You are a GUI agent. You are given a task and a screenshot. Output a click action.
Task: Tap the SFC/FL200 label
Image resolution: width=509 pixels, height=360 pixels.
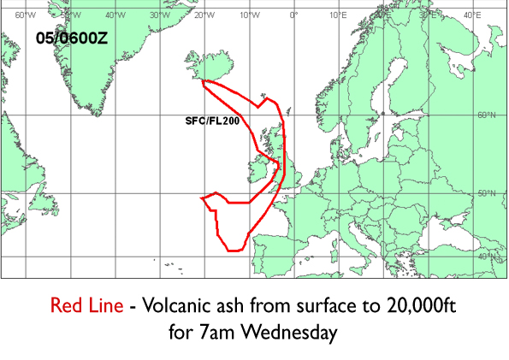tap(211, 122)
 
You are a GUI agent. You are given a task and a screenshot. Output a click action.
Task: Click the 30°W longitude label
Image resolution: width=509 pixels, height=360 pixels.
tap(157, 15)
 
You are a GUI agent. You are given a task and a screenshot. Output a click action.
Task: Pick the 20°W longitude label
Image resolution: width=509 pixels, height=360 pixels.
tap(203, 15)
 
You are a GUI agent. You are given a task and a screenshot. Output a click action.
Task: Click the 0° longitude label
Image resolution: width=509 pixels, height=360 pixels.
tap(293, 15)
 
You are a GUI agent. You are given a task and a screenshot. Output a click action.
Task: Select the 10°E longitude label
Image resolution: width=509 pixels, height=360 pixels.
tap(338, 15)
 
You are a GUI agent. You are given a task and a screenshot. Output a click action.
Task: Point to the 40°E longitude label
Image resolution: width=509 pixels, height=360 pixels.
tap(471, 15)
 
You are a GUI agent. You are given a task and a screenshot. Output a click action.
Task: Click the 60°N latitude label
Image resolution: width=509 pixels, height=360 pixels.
tap(487, 115)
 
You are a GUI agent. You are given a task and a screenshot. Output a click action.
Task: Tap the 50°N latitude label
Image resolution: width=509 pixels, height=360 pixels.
tap(487, 194)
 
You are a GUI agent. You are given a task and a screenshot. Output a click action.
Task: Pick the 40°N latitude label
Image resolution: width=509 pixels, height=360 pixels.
tap(487, 257)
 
